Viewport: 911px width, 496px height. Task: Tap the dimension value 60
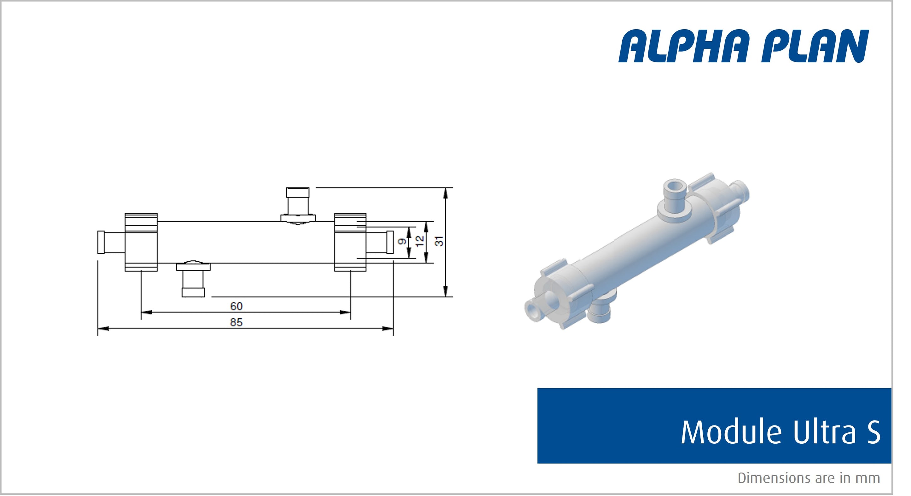(x=236, y=306)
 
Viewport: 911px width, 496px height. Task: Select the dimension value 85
(x=236, y=322)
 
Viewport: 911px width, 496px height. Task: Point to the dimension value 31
(x=439, y=241)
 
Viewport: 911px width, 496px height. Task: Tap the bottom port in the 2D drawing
(x=193, y=281)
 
